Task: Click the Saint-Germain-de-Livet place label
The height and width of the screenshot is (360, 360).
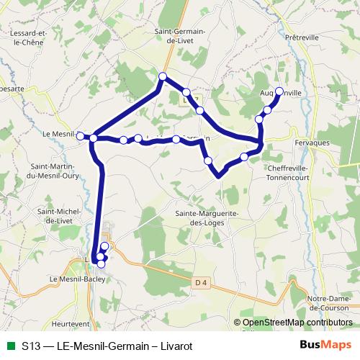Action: (180, 36)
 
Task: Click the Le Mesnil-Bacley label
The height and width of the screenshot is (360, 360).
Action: (73, 278)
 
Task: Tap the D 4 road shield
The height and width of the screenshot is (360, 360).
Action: (200, 283)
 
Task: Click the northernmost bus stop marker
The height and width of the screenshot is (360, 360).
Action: (163, 76)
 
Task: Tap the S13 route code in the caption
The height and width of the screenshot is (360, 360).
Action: (31, 346)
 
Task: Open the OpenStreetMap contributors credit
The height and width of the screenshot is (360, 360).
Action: (297, 323)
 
